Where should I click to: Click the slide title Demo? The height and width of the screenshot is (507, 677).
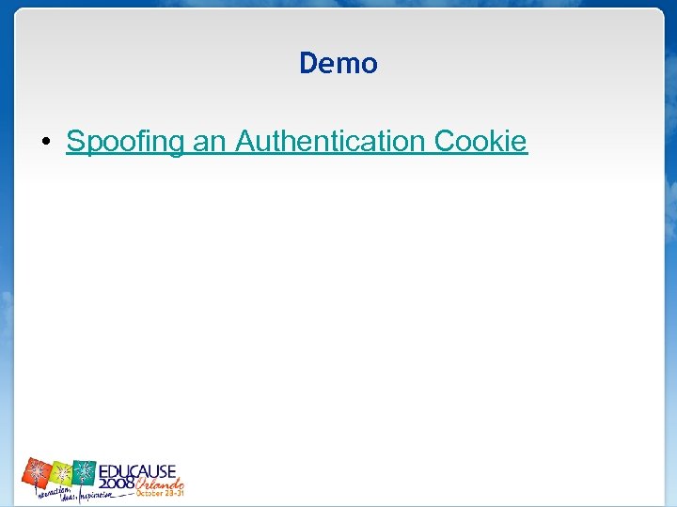click(x=338, y=63)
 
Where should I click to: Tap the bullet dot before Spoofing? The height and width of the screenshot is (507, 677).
click(x=45, y=143)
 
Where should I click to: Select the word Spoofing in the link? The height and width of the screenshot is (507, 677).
click(x=126, y=142)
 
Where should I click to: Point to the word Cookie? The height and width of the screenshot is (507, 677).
click(x=480, y=142)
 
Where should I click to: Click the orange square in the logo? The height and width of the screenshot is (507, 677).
click(x=37, y=472)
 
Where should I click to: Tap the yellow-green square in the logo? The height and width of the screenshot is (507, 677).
click(x=61, y=471)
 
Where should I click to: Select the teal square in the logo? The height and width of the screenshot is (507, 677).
click(x=85, y=471)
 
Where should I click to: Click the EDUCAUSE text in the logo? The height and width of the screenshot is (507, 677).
click(x=137, y=469)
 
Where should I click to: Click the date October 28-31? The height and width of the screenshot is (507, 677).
click(x=160, y=492)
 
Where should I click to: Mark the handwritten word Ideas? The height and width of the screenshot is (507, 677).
click(x=70, y=497)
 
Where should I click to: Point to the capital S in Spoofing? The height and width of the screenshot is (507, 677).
click(x=74, y=142)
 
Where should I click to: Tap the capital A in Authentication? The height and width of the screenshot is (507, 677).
click(x=244, y=142)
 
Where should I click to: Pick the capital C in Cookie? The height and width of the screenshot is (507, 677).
click(x=444, y=142)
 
